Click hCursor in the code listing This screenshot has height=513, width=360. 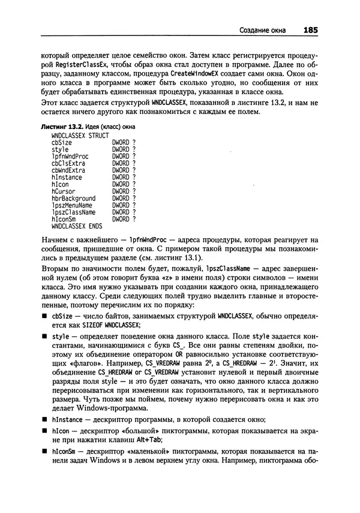64,191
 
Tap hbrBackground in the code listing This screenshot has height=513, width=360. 73,198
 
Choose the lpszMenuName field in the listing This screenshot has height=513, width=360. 72,205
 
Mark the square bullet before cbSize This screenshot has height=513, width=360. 44,315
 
